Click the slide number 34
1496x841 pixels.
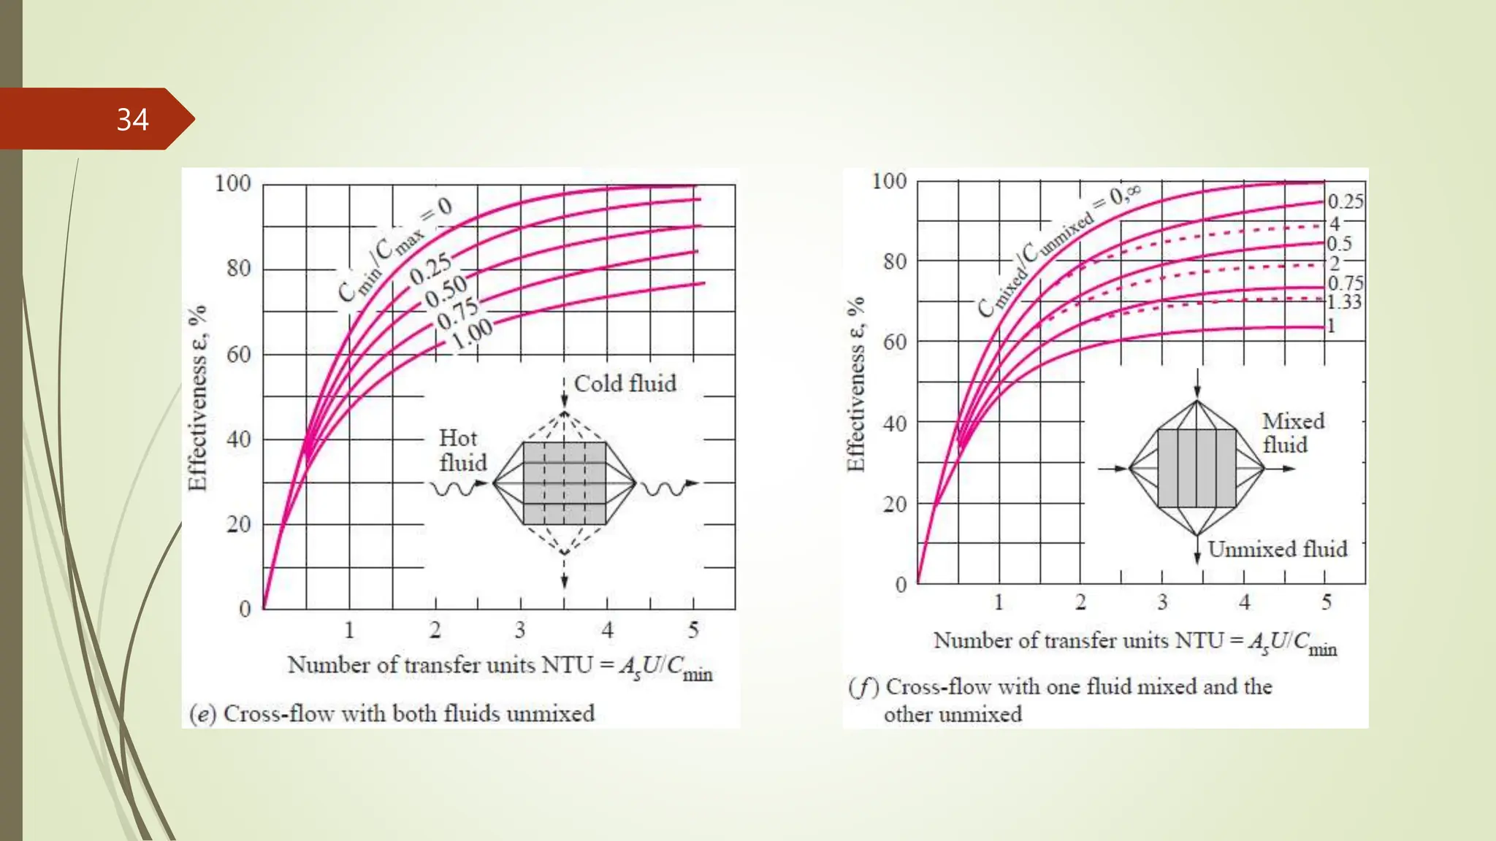click(132, 120)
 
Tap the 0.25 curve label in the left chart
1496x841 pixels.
click(430, 269)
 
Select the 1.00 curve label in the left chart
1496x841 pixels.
click(472, 334)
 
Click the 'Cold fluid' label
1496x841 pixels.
click(625, 383)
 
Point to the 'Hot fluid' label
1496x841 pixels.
click(462, 450)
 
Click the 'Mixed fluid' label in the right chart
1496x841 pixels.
click(1292, 433)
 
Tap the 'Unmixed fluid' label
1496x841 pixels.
click(1277, 549)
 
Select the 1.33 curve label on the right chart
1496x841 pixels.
click(1344, 302)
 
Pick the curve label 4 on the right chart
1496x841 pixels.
click(1335, 223)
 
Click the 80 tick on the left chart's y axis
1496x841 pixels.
click(238, 269)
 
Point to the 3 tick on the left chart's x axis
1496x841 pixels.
click(520, 629)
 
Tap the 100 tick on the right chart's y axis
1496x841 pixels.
click(889, 181)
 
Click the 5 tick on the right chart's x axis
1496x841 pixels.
click(1326, 602)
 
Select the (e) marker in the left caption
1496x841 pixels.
click(202, 713)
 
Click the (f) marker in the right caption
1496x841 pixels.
click(863, 687)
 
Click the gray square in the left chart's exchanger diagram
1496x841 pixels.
click(564, 483)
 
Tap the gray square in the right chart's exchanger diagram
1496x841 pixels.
click(1197, 468)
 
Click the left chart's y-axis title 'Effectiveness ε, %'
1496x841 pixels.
click(197, 398)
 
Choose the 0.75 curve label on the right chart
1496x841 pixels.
click(1345, 283)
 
